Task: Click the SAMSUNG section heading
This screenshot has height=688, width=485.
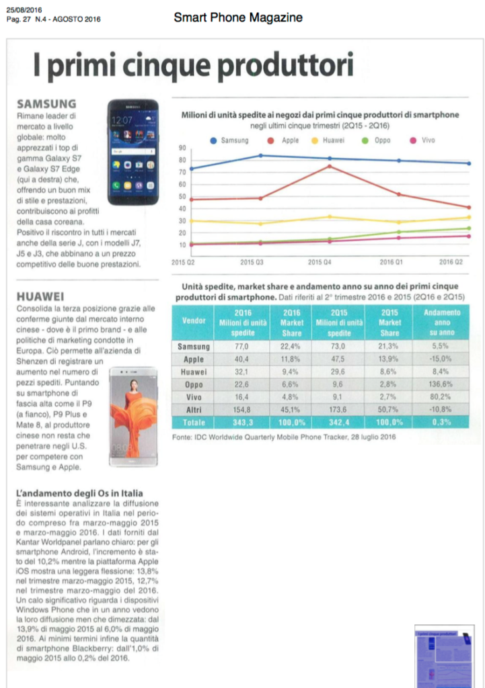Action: coord(46,104)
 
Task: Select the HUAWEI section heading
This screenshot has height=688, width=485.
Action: coord(40,296)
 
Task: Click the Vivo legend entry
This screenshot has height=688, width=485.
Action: coord(422,140)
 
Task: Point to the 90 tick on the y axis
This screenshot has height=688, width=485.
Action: coord(182,148)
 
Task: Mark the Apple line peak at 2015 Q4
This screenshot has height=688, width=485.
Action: coord(330,166)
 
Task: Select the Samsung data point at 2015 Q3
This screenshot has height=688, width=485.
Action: coord(260,156)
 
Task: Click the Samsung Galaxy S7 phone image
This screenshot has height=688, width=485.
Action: coord(133,152)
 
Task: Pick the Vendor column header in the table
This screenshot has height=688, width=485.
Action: coord(194,321)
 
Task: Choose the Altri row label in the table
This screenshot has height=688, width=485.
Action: coord(194,411)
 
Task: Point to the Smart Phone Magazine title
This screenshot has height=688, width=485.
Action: coord(238,17)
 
